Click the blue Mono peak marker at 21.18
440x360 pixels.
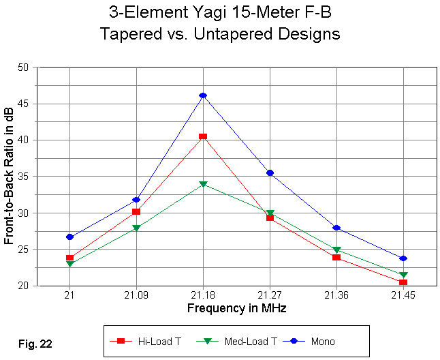tap(203, 95)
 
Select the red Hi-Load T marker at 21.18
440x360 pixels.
tap(203, 136)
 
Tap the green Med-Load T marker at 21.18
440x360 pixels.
tap(203, 184)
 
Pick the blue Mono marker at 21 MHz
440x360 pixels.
tap(69, 237)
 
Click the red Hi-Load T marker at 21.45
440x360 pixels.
tap(403, 282)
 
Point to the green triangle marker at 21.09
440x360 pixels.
tap(136, 228)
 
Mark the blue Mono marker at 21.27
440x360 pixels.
tap(270, 173)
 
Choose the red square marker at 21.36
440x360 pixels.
tap(336, 257)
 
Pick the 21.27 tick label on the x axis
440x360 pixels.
tap(270, 295)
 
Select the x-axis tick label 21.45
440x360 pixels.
tap(403, 295)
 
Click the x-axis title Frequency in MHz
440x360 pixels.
tap(236, 308)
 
